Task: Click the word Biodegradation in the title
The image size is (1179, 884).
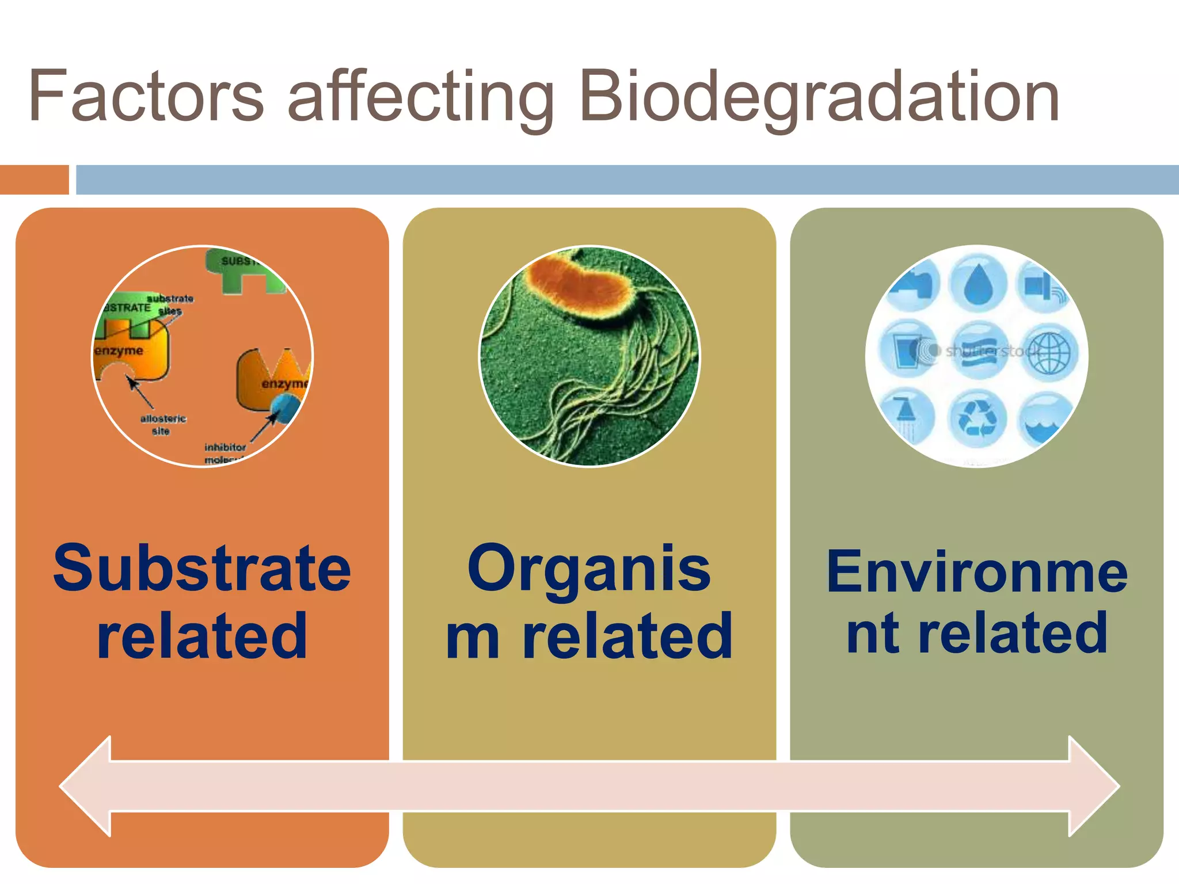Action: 819,97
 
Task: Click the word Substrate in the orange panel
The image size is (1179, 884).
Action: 202,569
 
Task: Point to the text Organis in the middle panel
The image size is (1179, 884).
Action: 589,569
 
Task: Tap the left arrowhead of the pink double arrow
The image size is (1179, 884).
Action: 86,786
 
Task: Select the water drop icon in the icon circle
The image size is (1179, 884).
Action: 977,284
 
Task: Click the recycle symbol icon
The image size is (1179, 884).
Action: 977,418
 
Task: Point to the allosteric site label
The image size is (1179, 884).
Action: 163,424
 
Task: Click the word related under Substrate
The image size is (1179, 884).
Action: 202,636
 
